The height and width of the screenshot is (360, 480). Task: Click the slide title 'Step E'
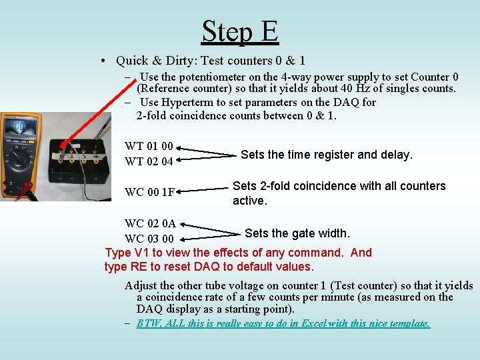239,31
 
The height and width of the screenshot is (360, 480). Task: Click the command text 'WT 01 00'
149,146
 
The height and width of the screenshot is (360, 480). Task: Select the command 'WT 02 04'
149,161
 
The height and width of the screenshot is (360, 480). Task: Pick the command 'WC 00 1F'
150,193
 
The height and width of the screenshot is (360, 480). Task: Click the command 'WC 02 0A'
150,224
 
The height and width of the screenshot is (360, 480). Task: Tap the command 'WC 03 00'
149,239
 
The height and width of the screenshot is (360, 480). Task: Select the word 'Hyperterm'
192,102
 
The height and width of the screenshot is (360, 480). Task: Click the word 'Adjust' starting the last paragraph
141,285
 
